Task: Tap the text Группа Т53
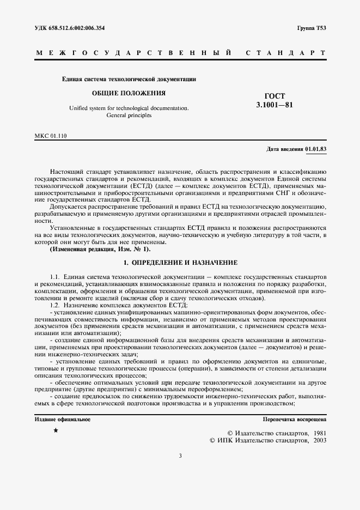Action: [312, 28]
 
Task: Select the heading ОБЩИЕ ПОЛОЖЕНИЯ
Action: [129, 93]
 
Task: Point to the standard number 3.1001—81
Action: [274, 105]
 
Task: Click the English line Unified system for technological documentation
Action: [129, 108]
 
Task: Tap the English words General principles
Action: [129, 116]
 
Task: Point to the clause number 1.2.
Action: [54, 306]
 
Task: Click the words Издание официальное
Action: [62, 420]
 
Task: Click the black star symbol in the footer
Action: [56, 430]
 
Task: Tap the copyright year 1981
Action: [316, 432]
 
